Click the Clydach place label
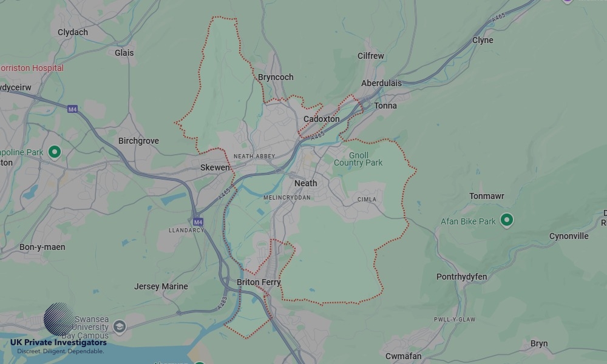[x=73, y=32]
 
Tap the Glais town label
[x=124, y=53]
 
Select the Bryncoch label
[x=276, y=77]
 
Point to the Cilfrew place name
[x=370, y=56]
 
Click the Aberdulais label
[x=381, y=83]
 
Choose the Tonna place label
[x=385, y=106]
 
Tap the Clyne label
[x=483, y=40]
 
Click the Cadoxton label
[x=321, y=119]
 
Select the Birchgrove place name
[x=138, y=141]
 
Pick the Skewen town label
[x=215, y=167]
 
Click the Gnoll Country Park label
[x=358, y=159]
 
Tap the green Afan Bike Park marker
[x=507, y=220]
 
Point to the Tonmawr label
[x=487, y=196]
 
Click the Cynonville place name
[x=569, y=236]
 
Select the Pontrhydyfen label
[x=461, y=277]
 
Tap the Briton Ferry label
[x=259, y=282]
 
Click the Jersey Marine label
[x=161, y=286]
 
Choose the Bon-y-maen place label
[x=42, y=247]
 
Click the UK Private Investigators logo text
[x=58, y=343]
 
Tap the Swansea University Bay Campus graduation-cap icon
[x=120, y=327]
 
